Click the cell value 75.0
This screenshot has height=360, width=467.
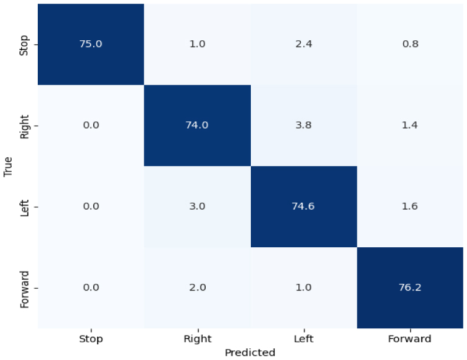pyautogui.click(x=91, y=44)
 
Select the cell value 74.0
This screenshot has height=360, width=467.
pyautogui.click(x=197, y=125)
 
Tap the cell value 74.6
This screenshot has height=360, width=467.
pyautogui.click(x=303, y=206)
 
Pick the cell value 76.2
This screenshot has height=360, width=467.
pyautogui.click(x=410, y=288)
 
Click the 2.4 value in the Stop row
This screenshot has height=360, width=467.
pyautogui.click(x=304, y=44)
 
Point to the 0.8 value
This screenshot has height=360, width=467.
pyautogui.click(x=410, y=44)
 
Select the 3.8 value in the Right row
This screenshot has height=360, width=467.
pyautogui.click(x=303, y=125)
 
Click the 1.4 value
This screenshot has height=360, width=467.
pyautogui.click(x=410, y=125)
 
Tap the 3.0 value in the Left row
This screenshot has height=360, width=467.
pyautogui.click(x=197, y=206)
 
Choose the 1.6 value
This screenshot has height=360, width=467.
pyautogui.click(x=410, y=206)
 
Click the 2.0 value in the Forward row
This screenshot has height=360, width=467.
pyautogui.click(x=197, y=288)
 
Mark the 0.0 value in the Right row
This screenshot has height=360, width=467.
pyautogui.click(x=91, y=125)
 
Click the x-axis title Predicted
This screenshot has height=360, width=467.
pyautogui.click(x=250, y=353)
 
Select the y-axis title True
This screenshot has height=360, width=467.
pyautogui.click(x=8, y=166)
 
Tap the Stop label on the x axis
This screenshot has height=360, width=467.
pyautogui.click(x=91, y=339)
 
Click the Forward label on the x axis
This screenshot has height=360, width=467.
pyautogui.click(x=410, y=339)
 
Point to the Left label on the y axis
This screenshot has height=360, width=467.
pyautogui.click(x=24, y=208)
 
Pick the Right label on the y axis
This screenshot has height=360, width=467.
pyautogui.click(x=24, y=127)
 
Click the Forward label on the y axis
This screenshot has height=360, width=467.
pyautogui.click(x=24, y=289)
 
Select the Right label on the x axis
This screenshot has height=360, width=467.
pyautogui.click(x=197, y=339)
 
